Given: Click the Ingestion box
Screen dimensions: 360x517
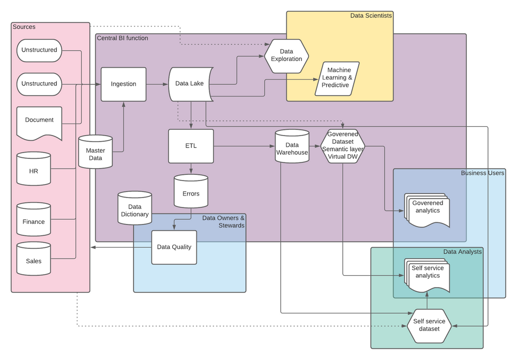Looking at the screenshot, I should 124,84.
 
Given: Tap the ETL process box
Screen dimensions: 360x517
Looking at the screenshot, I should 191,146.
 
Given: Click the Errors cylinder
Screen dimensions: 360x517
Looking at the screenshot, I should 191,193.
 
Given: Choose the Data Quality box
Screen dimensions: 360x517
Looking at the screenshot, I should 174,247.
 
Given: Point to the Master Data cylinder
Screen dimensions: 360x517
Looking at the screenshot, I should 95,152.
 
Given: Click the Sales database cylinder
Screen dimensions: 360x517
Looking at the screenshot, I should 34,260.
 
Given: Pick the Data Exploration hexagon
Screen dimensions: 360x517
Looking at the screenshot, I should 286,55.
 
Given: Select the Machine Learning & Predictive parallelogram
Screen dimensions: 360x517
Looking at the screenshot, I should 337,78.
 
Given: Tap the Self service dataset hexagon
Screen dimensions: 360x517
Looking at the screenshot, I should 429,325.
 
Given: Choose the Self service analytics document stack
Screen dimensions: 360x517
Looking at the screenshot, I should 427,273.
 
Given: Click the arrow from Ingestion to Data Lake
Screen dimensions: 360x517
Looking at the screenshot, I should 157,84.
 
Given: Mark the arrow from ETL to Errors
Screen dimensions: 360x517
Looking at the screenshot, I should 191,169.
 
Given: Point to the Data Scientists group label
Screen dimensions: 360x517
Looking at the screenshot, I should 371,16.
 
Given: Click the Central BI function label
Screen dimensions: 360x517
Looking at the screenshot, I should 122,38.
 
